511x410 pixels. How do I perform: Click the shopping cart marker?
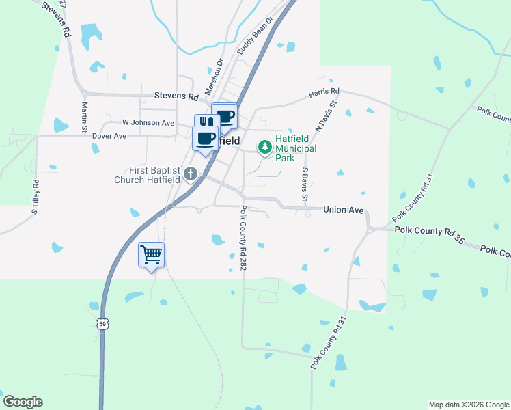152,256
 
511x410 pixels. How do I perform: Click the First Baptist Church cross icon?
191,174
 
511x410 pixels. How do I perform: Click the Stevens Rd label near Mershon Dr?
176,96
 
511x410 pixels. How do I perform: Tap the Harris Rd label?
324,91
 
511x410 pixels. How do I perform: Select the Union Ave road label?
343,211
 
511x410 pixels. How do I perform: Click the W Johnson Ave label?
148,122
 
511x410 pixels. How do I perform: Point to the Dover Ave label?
110,136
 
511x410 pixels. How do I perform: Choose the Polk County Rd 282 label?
243,240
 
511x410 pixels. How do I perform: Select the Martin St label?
85,117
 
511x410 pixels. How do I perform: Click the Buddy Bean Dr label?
255,36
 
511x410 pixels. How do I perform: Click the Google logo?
23,402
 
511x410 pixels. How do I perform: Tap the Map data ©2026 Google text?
468,405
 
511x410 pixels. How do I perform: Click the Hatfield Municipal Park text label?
295,148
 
